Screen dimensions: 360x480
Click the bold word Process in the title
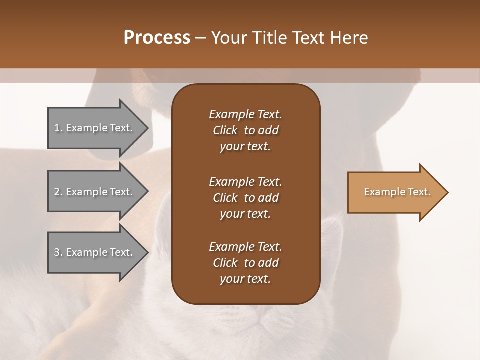(x=157, y=38)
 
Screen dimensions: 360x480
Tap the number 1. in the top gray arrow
(x=58, y=128)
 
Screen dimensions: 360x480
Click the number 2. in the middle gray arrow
(x=58, y=192)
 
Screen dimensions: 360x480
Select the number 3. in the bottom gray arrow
(x=58, y=252)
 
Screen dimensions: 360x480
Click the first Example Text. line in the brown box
(x=245, y=114)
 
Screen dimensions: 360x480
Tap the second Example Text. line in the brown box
(x=245, y=182)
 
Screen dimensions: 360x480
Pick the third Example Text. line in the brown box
(x=245, y=247)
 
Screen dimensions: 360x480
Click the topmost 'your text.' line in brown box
(x=245, y=147)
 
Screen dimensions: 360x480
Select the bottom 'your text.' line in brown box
(x=245, y=279)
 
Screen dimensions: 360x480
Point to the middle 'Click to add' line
(x=245, y=198)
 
